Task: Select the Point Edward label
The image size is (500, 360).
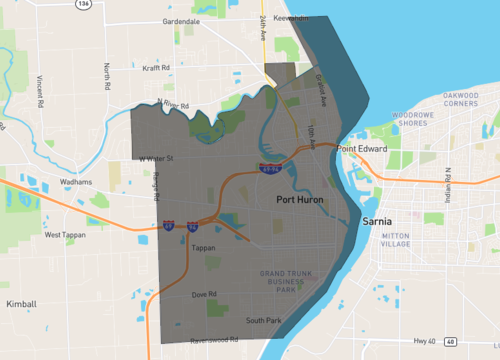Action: pyautogui.click(x=361, y=149)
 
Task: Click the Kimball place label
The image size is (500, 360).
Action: pyautogui.click(x=20, y=302)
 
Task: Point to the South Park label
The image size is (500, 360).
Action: pyautogui.click(x=264, y=320)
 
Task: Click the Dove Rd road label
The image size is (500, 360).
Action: pyautogui.click(x=205, y=294)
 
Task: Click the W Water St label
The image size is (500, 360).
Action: pyautogui.click(x=156, y=158)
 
